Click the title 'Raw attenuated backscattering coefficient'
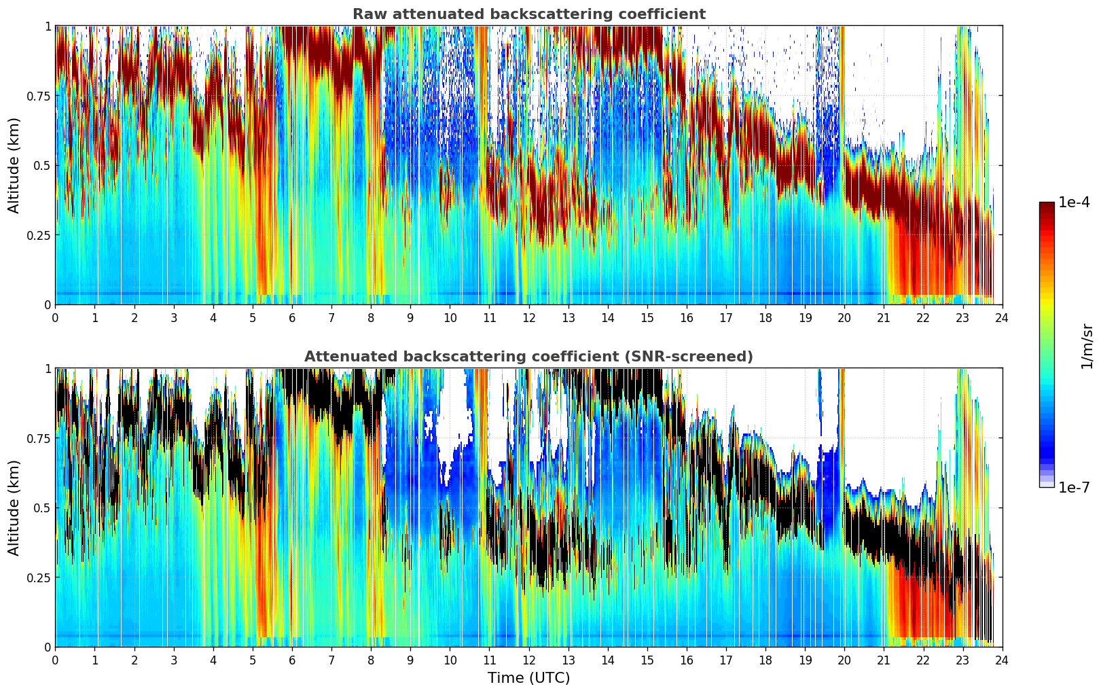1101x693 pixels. click(528, 14)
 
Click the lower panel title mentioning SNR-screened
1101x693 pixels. click(528, 357)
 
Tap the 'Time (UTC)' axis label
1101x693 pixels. click(528, 678)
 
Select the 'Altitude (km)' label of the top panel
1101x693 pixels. click(14, 165)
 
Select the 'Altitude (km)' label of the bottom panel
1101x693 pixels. click(14, 508)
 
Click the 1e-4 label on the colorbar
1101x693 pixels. click(1074, 202)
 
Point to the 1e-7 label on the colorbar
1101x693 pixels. click(1074, 487)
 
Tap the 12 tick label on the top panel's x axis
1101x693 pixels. click(528, 317)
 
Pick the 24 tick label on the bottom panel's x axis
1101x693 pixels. click(1002, 660)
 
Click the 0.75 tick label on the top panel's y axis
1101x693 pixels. click(38, 96)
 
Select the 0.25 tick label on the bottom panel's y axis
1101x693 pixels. click(38, 577)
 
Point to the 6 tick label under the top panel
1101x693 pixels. click(292, 317)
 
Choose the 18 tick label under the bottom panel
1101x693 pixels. click(765, 660)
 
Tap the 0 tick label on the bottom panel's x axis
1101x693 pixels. click(55, 660)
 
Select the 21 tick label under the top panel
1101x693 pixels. click(884, 317)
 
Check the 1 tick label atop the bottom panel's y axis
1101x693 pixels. click(48, 369)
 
